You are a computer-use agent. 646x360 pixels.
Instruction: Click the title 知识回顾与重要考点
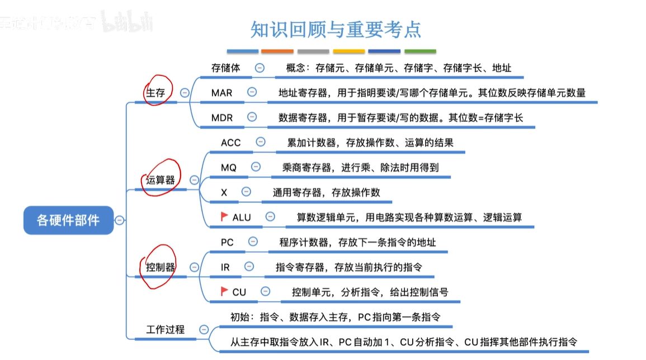tap(336, 29)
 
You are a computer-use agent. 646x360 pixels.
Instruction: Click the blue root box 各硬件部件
tap(68, 220)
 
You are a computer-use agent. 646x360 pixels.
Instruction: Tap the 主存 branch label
tap(155, 93)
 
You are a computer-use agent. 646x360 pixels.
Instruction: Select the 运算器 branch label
tap(161, 180)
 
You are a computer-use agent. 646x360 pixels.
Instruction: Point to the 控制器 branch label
tap(161, 267)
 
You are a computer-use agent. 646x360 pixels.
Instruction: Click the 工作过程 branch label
tap(165, 330)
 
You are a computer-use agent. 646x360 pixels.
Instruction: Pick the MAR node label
tap(221, 93)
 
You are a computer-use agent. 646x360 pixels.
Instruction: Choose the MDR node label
tap(222, 117)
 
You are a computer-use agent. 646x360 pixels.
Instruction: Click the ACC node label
tap(230, 143)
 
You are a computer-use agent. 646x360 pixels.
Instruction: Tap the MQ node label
tap(229, 167)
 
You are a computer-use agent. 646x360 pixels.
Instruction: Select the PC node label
tap(227, 242)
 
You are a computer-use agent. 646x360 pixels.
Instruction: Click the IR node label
tap(225, 267)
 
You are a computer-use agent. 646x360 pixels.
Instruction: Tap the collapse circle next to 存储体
tap(260, 68)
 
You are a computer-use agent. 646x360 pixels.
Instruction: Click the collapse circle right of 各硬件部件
tap(119, 220)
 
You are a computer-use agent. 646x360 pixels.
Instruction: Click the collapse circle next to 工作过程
tap(204, 330)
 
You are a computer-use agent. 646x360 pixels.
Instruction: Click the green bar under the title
tap(420, 51)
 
